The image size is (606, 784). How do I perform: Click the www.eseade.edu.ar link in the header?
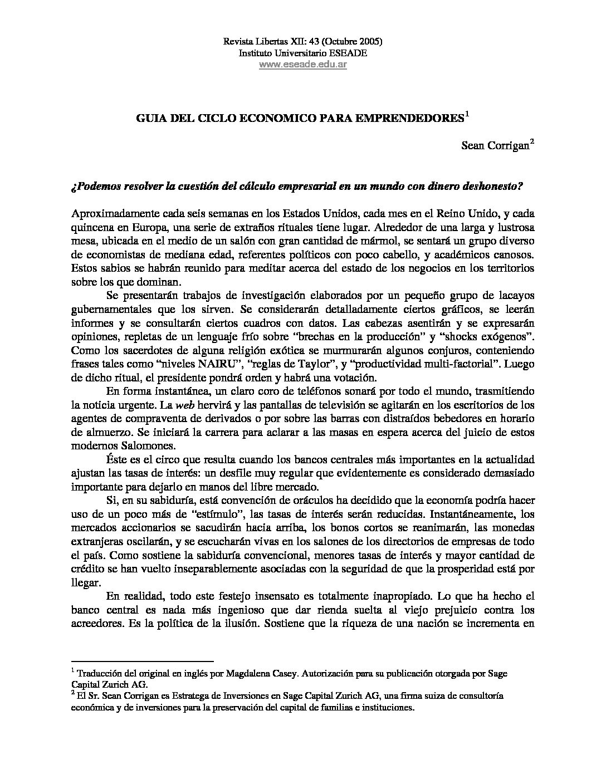[303, 65]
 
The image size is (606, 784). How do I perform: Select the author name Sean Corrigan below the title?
[495, 146]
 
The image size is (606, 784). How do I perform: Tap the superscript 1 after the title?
[467, 115]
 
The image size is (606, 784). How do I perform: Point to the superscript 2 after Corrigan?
[532, 143]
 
